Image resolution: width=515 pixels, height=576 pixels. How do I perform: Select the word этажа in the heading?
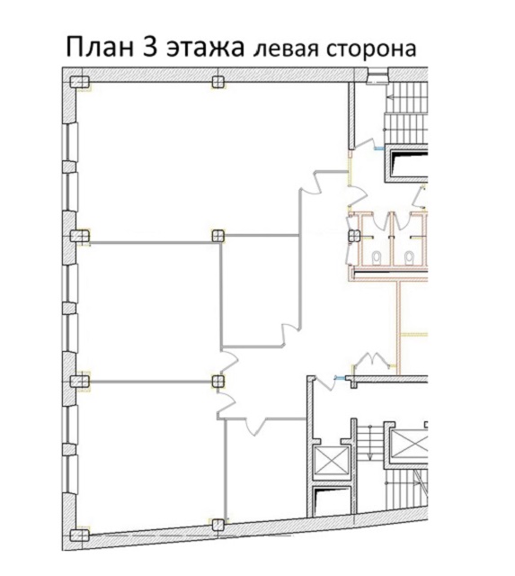206,49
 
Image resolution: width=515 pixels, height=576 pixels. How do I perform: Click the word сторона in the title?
371,50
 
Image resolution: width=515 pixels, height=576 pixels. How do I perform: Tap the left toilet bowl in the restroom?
377,258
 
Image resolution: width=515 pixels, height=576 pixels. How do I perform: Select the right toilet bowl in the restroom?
409,258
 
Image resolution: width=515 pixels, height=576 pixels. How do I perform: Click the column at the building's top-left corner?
80,82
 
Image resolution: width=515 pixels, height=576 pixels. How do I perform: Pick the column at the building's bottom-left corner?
80,535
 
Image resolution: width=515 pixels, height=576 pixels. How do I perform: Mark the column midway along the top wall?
218,82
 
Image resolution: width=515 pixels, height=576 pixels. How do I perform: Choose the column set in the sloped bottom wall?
218,525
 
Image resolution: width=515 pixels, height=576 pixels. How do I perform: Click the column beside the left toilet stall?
353,236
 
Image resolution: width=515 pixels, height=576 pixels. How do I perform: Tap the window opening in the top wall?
377,76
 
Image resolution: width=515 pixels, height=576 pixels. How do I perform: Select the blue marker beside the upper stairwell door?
379,148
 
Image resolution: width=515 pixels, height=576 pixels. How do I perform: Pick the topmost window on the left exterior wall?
71,142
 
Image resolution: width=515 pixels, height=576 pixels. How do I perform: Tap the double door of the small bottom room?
255,426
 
